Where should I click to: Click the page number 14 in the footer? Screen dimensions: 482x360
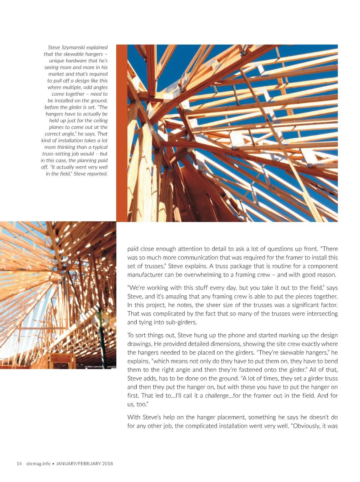coord(19,464)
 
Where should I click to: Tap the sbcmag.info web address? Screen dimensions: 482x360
coord(38,464)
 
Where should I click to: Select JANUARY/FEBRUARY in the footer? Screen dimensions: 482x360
coord(78,464)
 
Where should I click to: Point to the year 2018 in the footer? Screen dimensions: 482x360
coord(107,464)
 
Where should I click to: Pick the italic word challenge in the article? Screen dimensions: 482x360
coord(217,396)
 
